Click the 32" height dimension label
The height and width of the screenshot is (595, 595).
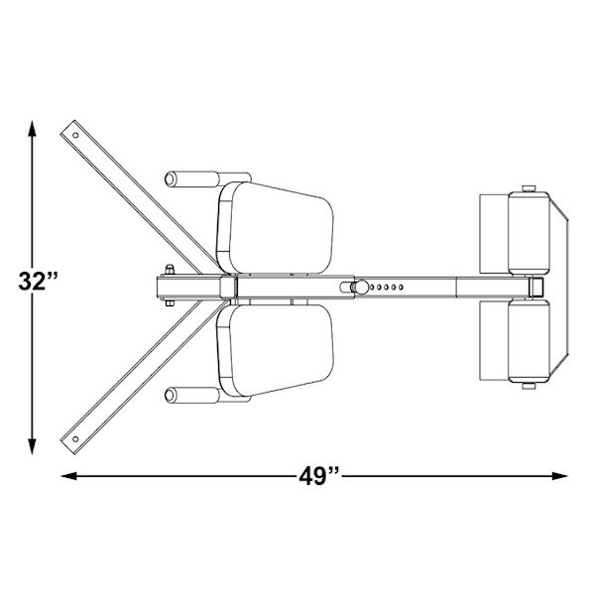point(40,281)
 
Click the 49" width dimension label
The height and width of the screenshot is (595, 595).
point(318,475)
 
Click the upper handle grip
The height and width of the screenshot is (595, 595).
point(192,178)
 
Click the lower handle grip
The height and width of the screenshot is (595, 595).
point(192,396)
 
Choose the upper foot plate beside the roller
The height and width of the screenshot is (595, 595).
point(493,233)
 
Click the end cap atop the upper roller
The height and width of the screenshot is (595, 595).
point(529,187)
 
